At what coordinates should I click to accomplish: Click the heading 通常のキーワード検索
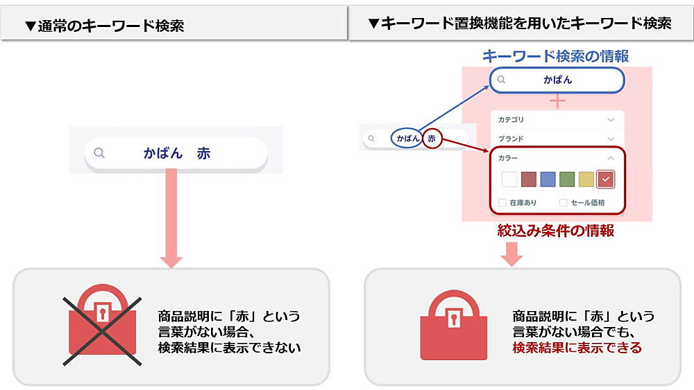point(104,26)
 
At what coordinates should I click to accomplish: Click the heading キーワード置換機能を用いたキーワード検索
point(520,24)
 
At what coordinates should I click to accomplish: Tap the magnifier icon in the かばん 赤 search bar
point(99,153)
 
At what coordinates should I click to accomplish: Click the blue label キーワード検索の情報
point(555,57)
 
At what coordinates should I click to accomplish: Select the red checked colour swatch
point(606,179)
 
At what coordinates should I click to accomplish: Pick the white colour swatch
point(509,179)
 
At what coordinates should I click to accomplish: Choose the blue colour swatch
point(548,179)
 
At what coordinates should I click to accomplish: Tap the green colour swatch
point(568,179)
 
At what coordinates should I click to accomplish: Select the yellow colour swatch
point(586,179)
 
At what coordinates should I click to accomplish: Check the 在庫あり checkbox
point(503,203)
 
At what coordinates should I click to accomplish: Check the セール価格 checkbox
point(564,203)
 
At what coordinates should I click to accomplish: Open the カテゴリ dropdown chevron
point(611,120)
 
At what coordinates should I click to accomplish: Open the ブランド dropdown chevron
point(611,139)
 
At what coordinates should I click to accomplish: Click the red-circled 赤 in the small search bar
point(432,139)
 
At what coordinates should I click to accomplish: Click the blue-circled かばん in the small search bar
point(407,139)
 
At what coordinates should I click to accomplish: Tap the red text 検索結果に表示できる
point(577,348)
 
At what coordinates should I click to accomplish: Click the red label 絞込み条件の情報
point(555,231)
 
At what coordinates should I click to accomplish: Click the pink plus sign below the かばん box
point(557,102)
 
